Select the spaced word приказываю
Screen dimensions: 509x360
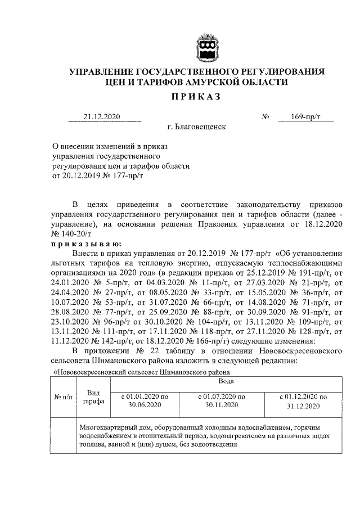[83, 243]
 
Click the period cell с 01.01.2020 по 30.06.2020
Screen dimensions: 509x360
[145, 400]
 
